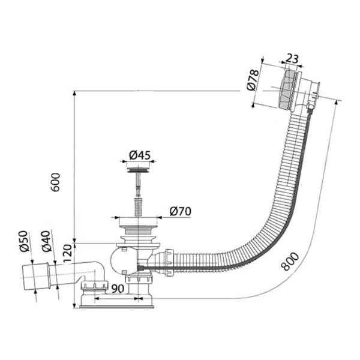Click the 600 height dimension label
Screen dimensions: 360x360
click(55, 182)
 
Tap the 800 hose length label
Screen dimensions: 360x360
click(290, 261)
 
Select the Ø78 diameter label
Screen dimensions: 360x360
click(253, 80)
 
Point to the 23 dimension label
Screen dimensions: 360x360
click(292, 59)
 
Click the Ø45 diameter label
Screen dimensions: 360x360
click(140, 155)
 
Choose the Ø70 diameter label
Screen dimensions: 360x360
click(180, 211)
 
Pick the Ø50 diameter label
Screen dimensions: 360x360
click(24, 241)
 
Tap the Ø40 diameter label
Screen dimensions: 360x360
click(46, 241)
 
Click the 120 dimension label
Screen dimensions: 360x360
click(67, 254)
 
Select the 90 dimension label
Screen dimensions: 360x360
click(118, 289)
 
